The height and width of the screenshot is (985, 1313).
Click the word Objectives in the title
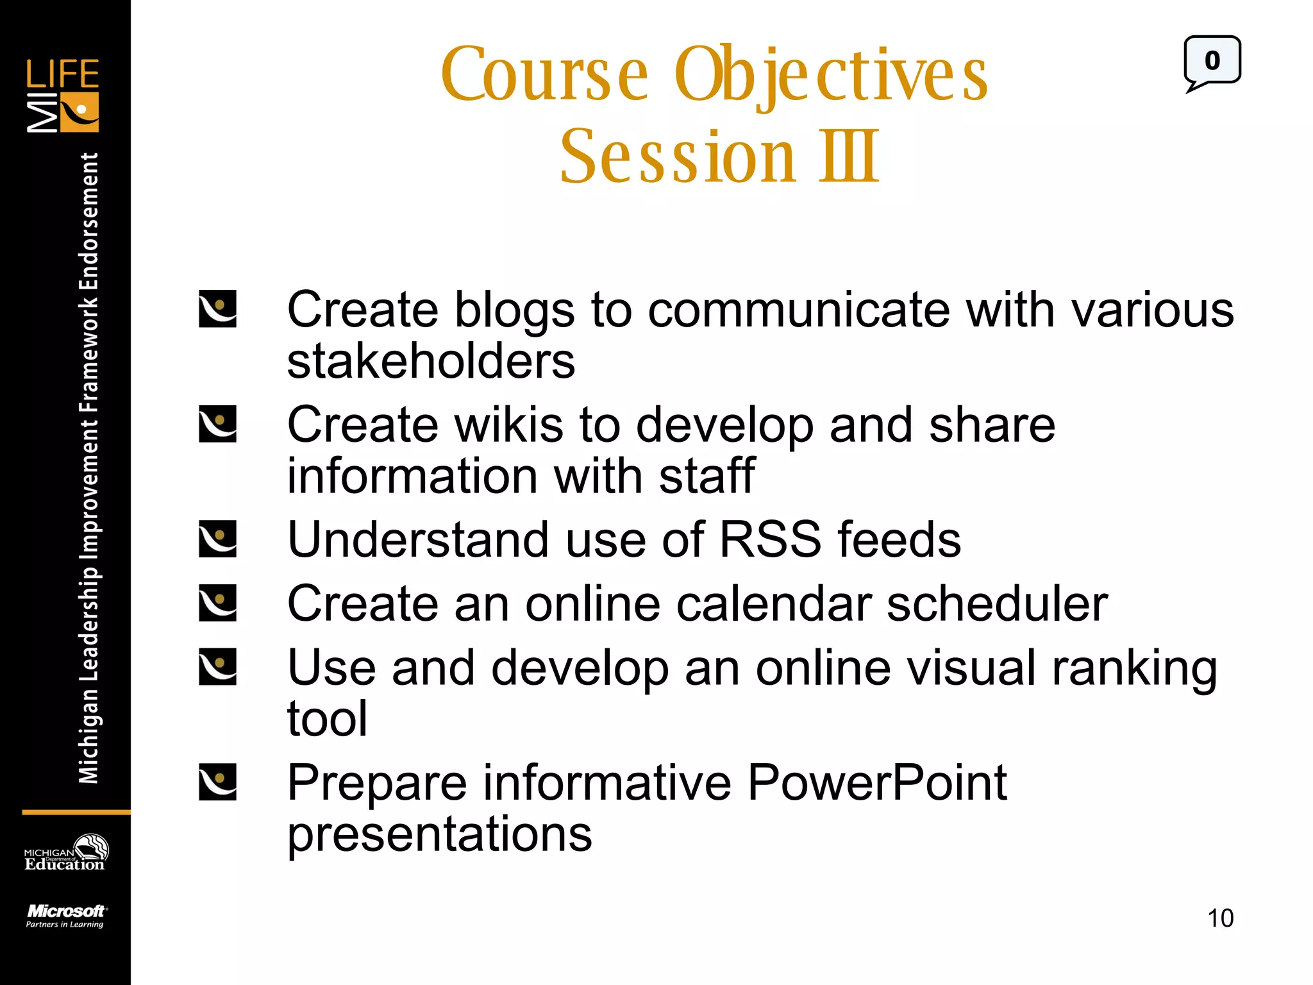831,76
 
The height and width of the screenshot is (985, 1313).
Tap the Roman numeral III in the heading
848,156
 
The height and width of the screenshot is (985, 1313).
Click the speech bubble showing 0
1212,62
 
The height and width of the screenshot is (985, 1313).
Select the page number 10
1220,918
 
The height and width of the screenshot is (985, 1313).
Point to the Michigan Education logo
65,853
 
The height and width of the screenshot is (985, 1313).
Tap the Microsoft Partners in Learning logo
65,915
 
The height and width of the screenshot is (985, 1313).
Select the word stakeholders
431,361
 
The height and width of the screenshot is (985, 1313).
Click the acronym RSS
770,539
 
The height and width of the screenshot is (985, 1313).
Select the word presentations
439,834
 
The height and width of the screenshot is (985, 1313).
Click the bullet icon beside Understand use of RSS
217,539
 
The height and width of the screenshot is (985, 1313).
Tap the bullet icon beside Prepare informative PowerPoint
217,782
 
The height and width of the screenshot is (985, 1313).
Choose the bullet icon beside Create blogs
217,309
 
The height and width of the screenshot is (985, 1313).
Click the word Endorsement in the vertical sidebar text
88,221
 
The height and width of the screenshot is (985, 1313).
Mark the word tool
327,719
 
